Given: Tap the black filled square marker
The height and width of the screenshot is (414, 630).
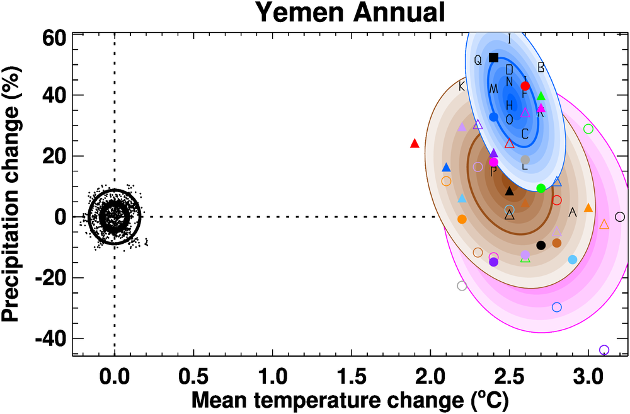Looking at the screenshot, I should (493, 57).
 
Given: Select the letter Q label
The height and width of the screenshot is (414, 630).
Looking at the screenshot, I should (478, 60).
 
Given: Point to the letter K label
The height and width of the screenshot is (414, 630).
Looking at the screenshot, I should (462, 86).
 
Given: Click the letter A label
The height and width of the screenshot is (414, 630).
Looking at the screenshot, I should (572, 212).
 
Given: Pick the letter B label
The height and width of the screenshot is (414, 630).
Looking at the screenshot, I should (541, 67).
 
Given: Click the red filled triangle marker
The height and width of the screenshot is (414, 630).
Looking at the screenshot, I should (415, 143).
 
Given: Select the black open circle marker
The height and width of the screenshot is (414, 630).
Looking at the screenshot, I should (619, 217).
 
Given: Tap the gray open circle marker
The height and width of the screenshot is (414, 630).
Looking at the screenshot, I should (462, 285).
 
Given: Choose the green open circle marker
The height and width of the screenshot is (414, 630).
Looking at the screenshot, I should (588, 129).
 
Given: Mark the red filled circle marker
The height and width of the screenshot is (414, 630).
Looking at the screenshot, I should (525, 86).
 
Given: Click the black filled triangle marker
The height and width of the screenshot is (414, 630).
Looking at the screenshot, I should (509, 190).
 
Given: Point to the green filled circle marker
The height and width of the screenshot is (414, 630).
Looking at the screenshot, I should (541, 188).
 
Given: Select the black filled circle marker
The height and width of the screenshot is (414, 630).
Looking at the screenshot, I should (541, 245).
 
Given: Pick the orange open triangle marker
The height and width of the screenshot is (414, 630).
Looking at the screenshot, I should (604, 224).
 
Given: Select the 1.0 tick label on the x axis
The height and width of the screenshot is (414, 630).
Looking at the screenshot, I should (272, 381).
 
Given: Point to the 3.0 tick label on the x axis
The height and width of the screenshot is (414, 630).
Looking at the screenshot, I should (588, 381).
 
